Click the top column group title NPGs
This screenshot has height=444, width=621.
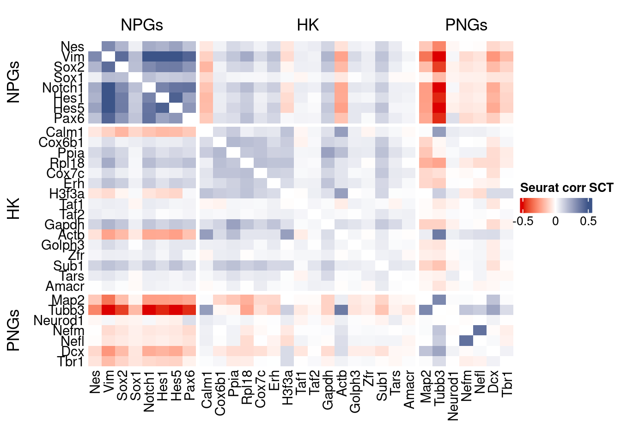[x=142, y=25]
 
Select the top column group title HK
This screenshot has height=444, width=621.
[x=308, y=25]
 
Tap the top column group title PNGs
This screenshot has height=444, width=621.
[x=466, y=25]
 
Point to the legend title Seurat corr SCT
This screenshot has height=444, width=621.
[x=566, y=188]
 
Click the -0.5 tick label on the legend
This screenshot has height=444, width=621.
[x=523, y=221]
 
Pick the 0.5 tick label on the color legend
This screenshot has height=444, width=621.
[x=588, y=221]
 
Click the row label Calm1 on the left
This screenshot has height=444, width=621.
[x=65, y=133]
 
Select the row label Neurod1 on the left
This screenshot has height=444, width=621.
[x=59, y=321]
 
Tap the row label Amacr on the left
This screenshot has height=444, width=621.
[x=65, y=286]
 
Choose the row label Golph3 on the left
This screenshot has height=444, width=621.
[x=63, y=245]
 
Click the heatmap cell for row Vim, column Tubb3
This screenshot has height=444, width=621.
[x=439, y=57]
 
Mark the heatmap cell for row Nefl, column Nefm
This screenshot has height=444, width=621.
[x=466, y=341]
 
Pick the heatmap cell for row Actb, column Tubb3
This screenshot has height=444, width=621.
[x=439, y=234]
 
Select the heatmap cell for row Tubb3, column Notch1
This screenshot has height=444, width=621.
[x=149, y=310]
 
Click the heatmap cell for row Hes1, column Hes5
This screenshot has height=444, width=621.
[x=176, y=98]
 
